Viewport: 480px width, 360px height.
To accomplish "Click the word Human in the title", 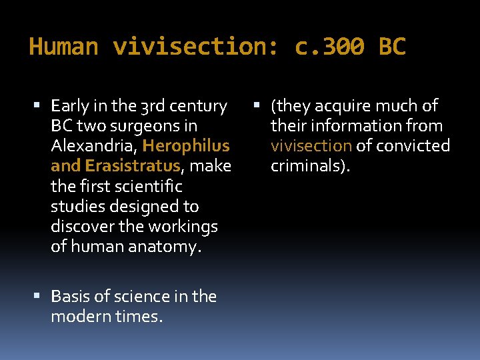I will [64, 47].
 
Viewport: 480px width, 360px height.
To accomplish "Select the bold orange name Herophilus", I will [186, 145].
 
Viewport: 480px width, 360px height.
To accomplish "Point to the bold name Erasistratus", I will [133, 165].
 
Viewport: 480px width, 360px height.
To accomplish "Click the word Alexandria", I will [94, 145].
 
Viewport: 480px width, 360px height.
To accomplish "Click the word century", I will [199, 105].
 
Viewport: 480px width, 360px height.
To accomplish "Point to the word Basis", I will [70, 296].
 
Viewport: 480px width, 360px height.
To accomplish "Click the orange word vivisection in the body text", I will [311, 145].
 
